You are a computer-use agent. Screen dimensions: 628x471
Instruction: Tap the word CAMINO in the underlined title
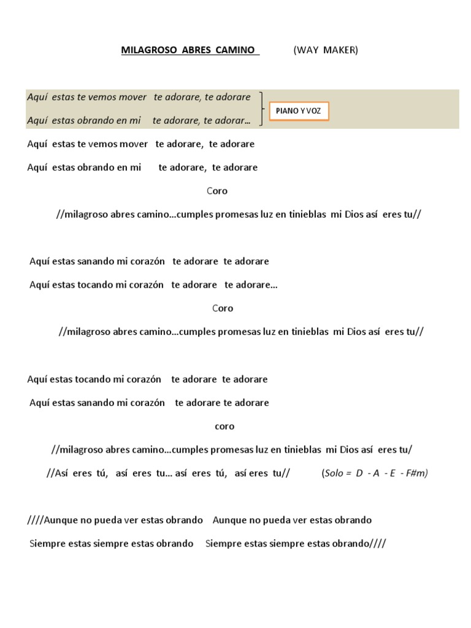(x=235, y=50)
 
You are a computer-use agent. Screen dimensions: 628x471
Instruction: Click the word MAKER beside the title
(x=342, y=50)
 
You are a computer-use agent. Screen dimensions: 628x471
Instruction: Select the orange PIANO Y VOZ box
(x=299, y=111)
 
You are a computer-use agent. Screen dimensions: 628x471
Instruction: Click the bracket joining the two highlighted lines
(x=262, y=109)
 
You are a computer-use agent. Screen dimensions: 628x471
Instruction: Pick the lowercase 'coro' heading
(x=224, y=426)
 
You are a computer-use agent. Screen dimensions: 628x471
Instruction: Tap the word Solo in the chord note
(x=334, y=473)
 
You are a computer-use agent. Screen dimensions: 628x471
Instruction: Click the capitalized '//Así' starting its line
(x=59, y=473)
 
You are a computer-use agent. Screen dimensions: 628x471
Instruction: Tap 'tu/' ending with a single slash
(x=405, y=450)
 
